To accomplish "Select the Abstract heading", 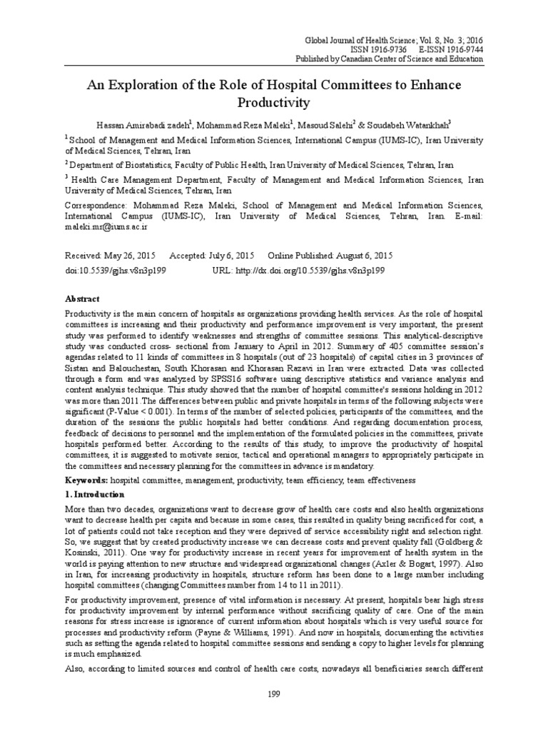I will (83, 298).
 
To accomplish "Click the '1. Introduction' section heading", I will (95, 494).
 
